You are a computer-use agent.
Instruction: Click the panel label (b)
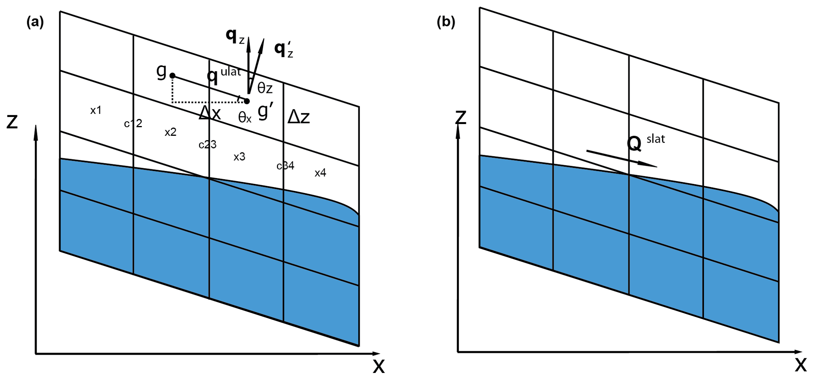click(x=446, y=22)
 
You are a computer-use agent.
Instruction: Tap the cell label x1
click(x=96, y=111)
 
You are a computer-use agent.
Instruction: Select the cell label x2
click(x=170, y=132)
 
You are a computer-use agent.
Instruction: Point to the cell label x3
click(x=239, y=157)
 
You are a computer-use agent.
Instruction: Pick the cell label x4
click(x=320, y=173)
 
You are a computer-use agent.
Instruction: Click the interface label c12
click(x=133, y=124)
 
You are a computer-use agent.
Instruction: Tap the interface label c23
click(x=208, y=145)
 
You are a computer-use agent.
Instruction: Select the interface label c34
click(x=286, y=166)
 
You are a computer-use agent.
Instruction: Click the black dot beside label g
click(x=172, y=76)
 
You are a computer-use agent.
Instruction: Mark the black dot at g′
click(x=247, y=101)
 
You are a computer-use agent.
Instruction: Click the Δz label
click(x=299, y=117)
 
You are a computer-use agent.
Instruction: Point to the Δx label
click(x=210, y=114)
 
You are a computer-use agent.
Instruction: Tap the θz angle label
click(x=265, y=88)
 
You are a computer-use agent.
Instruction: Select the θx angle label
click(x=245, y=117)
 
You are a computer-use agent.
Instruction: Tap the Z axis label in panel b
click(x=460, y=117)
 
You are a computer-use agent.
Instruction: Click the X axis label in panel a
click(x=378, y=367)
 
